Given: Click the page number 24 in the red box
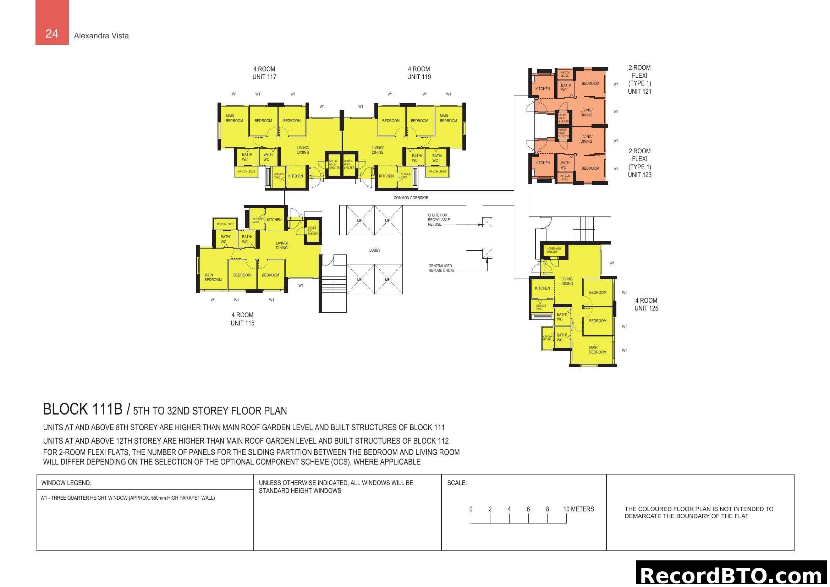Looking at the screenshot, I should (x=52, y=34).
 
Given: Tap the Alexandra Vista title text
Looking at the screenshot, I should (x=101, y=36).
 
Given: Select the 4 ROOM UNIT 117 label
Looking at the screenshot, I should (x=264, y=73).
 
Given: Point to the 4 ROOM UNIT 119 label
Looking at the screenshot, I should (x=419, y=73).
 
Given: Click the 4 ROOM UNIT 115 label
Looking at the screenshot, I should (x=242, y=319).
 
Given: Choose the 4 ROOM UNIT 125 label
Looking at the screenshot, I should (x=646, y=305).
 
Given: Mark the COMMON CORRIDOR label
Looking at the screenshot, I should (x=411, y=198).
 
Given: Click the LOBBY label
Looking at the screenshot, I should (x=374, y=250).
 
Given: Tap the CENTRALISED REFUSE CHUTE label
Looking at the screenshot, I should (x=441, y=268).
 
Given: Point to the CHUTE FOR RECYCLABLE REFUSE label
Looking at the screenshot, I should (x=439, y=220).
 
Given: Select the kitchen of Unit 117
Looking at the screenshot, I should (x=295, y=176).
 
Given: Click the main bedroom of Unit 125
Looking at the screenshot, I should (x=597, y=350).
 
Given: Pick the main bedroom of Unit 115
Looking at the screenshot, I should (x=213, y=277).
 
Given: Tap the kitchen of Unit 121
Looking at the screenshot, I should (x=542, y=89).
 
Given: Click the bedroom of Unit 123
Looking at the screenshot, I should (x=590, y=168).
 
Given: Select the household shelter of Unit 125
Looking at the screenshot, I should (x=554, y=250).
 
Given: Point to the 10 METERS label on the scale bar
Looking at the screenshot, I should (x=578, y=509).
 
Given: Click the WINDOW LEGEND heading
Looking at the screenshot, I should (x=66, y=483).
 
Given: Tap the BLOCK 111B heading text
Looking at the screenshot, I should (x=83, y=410).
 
